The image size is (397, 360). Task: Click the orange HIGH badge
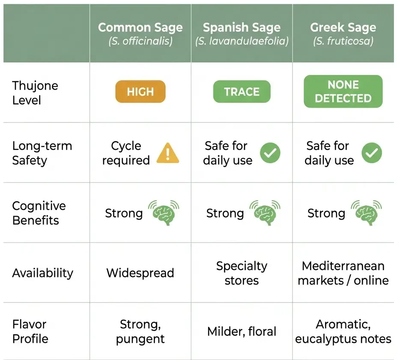(140, 92)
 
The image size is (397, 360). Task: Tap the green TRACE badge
(242, 92)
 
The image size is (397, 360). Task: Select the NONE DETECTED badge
(343, 91)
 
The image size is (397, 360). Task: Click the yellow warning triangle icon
(168, 153)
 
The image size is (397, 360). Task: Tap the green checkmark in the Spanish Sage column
(270, 153)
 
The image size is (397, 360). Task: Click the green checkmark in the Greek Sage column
(372, 153)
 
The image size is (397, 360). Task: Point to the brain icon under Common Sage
(164, 213)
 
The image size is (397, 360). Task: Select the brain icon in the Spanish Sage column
(265, 213)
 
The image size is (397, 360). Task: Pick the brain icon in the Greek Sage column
(366, 213)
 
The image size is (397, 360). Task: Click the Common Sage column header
(140, 28)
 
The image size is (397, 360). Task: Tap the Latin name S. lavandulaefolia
(242, 42)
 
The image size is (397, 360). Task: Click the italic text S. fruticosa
(343, 42)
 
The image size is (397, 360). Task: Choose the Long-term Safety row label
(42, 153)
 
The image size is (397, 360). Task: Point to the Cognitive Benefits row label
(39, 213)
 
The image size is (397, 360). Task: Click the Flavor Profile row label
(30, 331)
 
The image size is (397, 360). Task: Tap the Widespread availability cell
(140, 273)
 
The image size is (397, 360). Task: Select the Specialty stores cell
(242, 273)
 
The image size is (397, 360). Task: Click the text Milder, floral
(242, 331)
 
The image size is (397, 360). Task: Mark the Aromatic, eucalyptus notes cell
(343, 331)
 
